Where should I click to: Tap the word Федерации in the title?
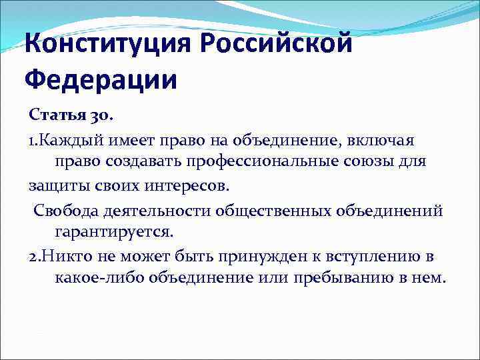coord(101,81)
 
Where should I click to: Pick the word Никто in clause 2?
coord(62,256)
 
